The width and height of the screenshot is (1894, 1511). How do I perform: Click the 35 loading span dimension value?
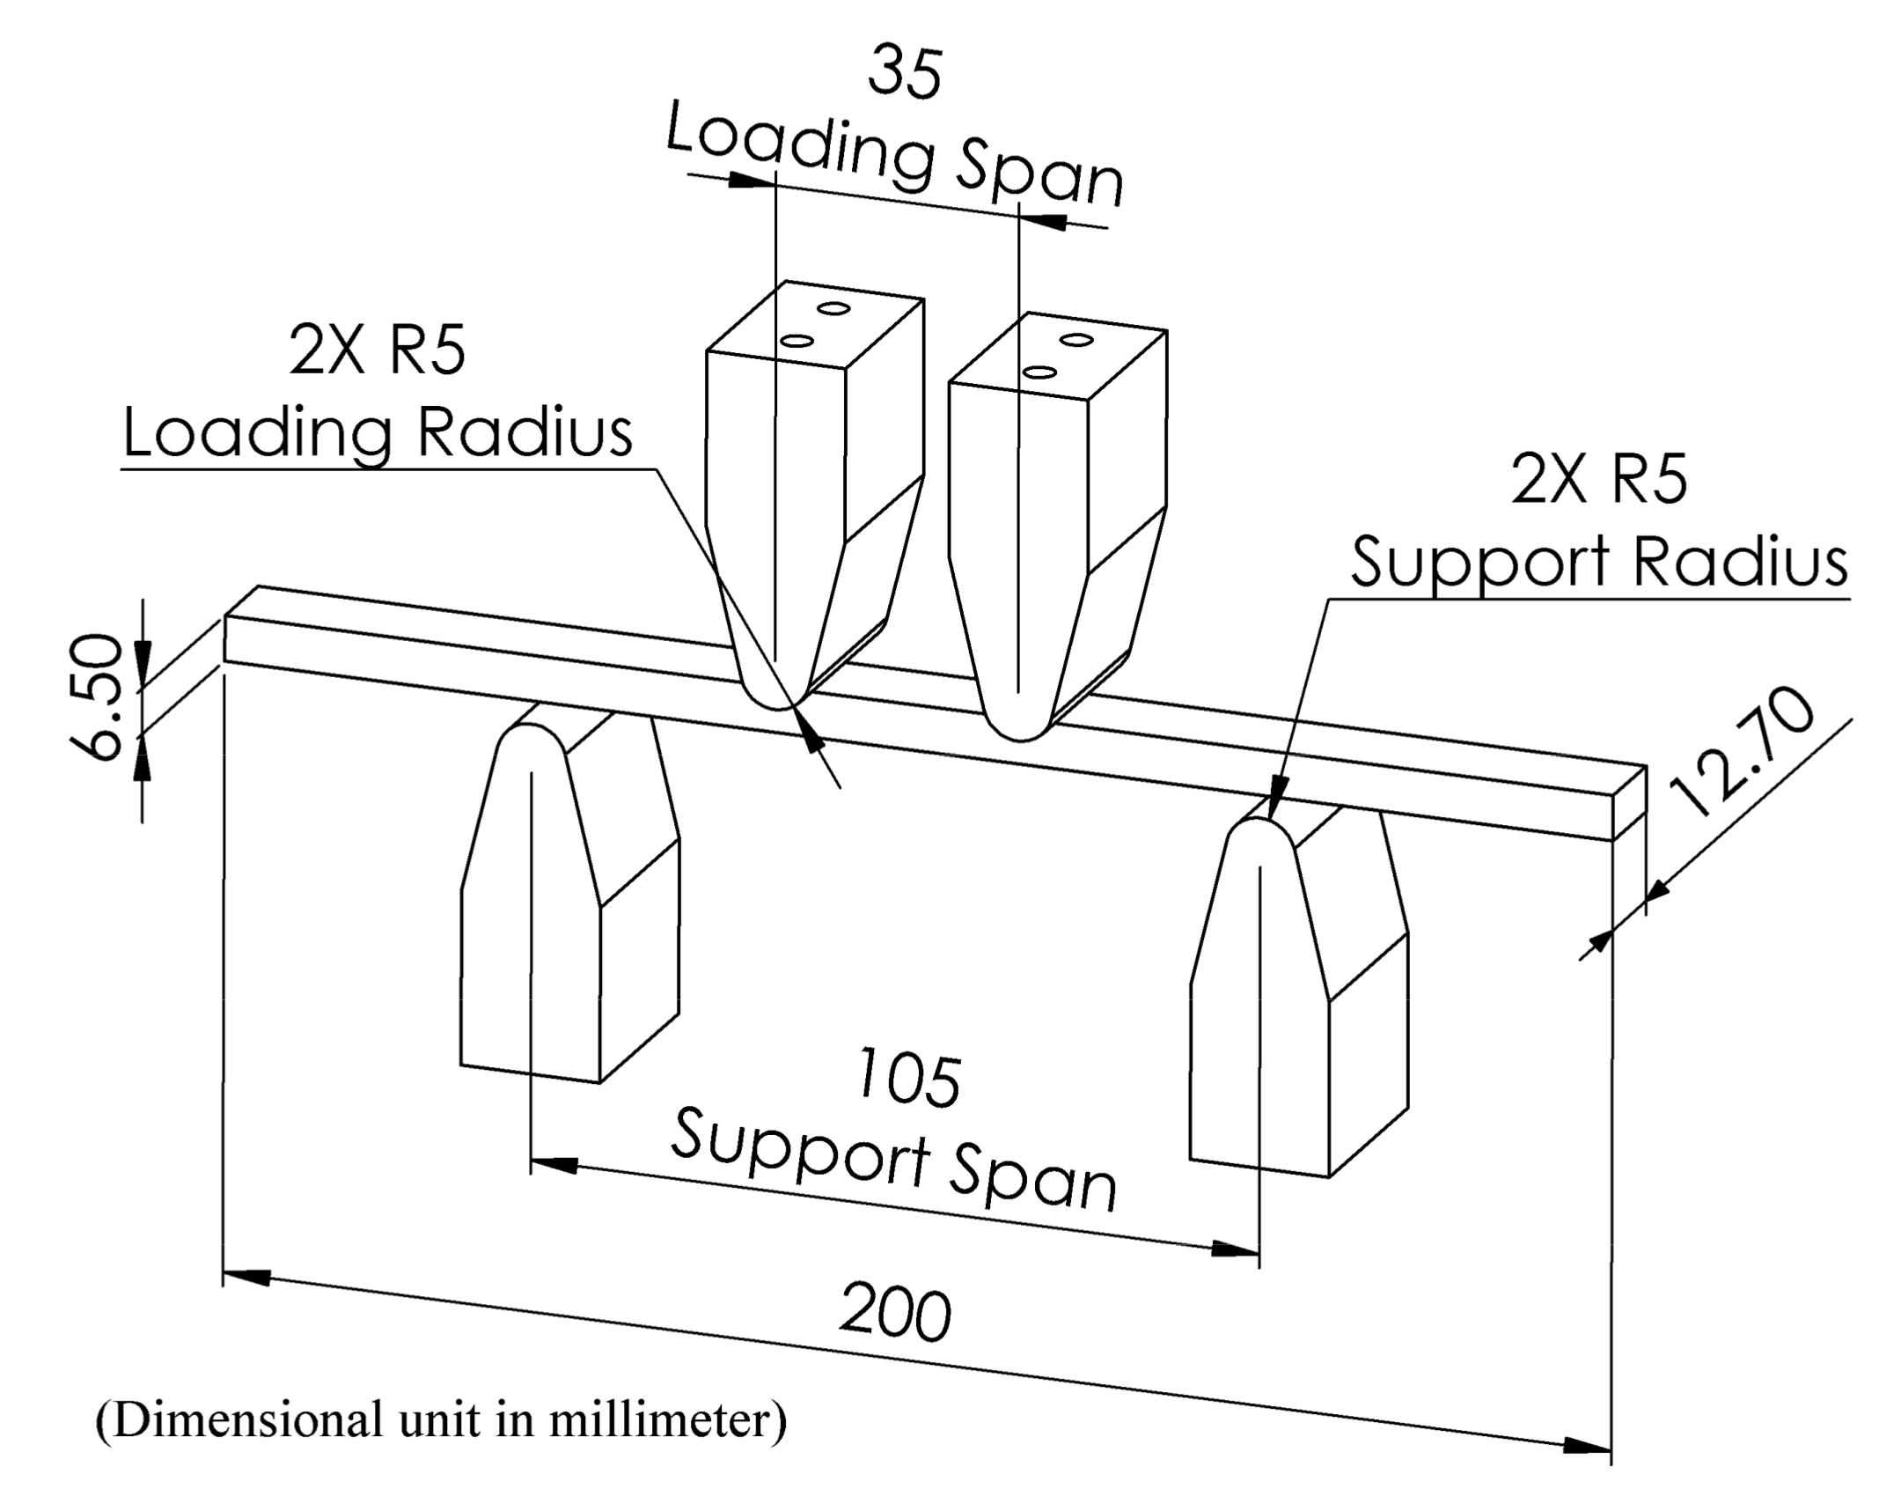coord(905,73)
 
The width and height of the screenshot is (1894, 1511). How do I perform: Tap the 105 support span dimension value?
coord(909,1080)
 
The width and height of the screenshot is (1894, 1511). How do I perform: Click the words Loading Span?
coord(894,158)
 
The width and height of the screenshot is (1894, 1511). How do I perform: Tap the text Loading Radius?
coord(378,432)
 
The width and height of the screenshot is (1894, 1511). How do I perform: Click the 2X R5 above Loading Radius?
coord(378,351)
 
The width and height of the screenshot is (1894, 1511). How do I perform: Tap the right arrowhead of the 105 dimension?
coord(1237,1249)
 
